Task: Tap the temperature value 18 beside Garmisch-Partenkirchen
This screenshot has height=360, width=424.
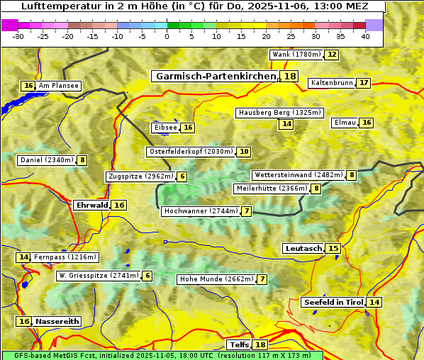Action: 290,77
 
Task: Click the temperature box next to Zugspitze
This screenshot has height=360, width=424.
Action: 182,176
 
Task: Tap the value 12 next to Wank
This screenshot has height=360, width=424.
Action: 331,55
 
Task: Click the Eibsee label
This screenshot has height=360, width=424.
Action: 165,128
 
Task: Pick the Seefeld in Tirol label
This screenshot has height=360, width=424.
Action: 333,302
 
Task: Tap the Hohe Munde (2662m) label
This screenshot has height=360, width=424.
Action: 216,279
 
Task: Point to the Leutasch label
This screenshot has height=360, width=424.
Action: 303,248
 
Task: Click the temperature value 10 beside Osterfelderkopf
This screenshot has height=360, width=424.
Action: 244,152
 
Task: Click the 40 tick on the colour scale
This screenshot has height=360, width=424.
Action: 365,36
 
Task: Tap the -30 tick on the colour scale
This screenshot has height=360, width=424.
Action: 18,36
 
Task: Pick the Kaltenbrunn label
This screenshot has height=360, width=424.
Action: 332,83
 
